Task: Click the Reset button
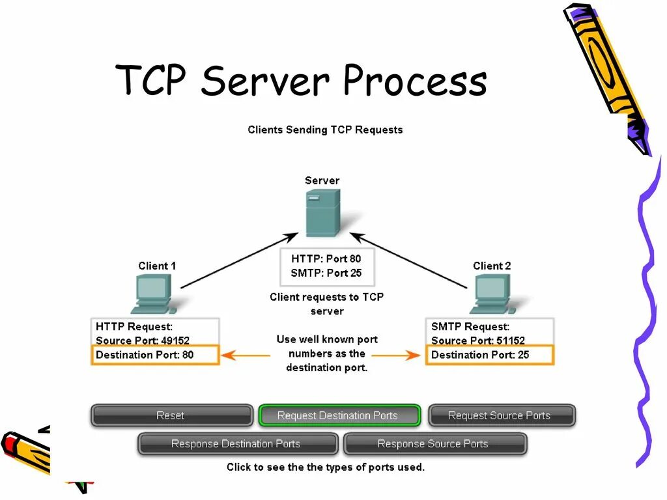tap(171, 415)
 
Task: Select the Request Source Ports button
tap(499, 415)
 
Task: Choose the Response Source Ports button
tap(433, 444)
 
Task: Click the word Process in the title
tap(414, 82)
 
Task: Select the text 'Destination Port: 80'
tap(145, 355)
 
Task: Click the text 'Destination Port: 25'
tap(480, 355)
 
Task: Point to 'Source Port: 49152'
tap(143, 340)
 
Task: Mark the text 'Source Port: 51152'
tap(478, 340)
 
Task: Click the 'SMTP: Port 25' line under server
tap(326, 273)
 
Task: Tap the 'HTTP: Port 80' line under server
tap(326, 258)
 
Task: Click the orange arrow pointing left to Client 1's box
tap(246, 355)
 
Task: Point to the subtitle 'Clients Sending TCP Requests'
tap(325, 130)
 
